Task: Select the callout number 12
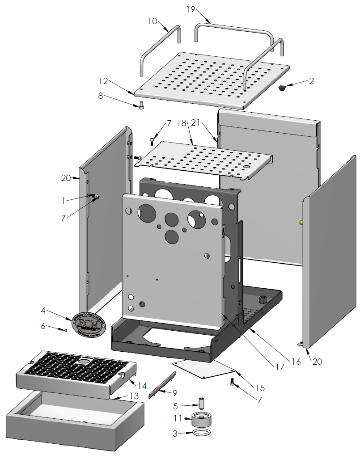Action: click(103, 81)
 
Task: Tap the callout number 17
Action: click(280, 367)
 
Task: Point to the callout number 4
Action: click(43, 310)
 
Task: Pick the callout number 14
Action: click(142, 385)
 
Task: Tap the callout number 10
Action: click(152, 21)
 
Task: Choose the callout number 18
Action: click(182, 122)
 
